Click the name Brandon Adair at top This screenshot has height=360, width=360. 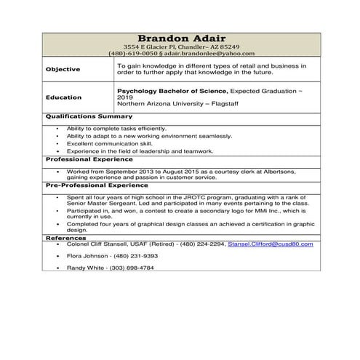(x=181, y=39)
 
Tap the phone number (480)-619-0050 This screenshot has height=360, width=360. (x=133, y=53)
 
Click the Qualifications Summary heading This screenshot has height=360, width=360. (x=89, y=116)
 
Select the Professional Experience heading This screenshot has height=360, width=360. (x=89, y=158)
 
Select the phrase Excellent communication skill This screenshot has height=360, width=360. (x=105, y=143)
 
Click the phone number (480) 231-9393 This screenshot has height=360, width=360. (x=140, y=256)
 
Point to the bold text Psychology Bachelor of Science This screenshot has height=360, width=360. (x=172, y=90)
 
